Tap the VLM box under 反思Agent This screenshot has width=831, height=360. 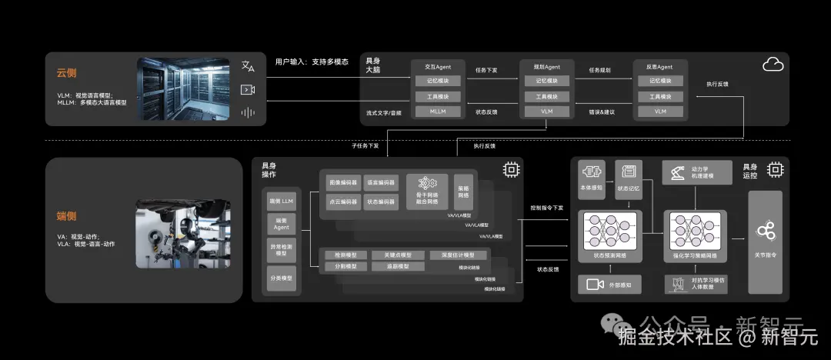click(660, 112)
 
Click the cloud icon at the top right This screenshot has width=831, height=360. click(773, 65)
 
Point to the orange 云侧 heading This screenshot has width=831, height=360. click(66, 73)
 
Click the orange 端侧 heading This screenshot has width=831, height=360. click(66, 216)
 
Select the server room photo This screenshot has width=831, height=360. click(183, 88)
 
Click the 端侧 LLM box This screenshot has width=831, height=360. click(282, 202)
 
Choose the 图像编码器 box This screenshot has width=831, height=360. click(343, 183)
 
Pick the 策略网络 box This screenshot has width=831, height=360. click(463, 192)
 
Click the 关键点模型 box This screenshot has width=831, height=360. click(392, 255)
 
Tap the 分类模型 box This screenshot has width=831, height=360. click(282, 278)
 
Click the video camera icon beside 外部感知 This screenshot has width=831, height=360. click(595, 284)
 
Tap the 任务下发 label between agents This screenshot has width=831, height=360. click(486, 70)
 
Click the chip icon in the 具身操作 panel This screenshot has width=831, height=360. click(509, 168)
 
